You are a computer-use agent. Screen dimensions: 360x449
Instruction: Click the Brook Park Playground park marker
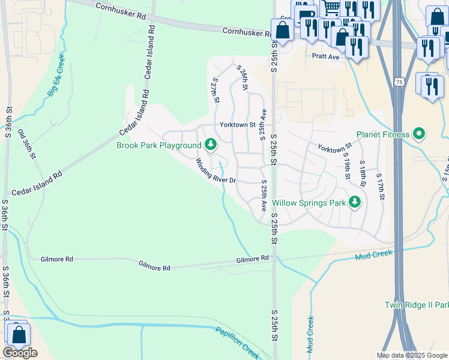(210, 144)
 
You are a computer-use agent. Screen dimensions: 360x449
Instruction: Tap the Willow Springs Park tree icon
(355, 202)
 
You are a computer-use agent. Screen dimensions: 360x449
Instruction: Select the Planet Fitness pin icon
(420, 134)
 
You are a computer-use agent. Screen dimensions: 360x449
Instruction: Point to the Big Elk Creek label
(56, 76)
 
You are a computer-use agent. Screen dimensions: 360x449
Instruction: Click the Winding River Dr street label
(216, 170)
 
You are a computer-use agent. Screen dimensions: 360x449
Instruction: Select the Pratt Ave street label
(325, 56)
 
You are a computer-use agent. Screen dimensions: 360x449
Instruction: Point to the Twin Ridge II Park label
(417, 305)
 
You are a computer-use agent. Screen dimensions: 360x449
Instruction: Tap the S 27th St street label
(215, 89)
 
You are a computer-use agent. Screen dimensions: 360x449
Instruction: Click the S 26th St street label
(243, 78)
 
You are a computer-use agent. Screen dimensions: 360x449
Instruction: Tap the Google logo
(20, 353)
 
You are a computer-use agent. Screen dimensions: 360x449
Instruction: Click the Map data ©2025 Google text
(411, 355)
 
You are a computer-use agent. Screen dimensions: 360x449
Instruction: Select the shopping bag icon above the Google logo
(19, 335)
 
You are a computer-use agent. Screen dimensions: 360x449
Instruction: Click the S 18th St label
(363, 175)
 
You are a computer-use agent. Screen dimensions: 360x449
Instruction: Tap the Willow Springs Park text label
(309, 203)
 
